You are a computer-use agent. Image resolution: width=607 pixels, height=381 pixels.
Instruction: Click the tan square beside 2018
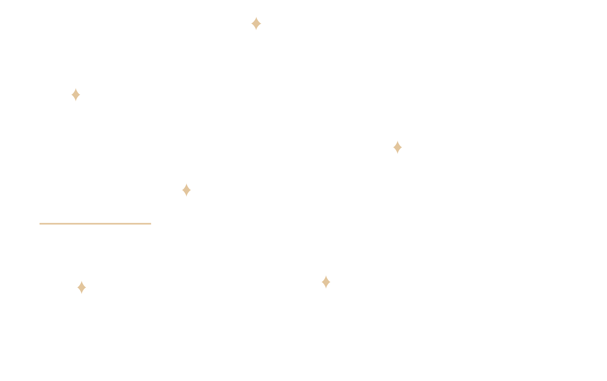tap(256, 23)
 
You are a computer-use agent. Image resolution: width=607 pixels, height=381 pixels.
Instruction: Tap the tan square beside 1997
tap(76, 95)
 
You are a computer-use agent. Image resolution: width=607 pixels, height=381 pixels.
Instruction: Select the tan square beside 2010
tap(187, 190)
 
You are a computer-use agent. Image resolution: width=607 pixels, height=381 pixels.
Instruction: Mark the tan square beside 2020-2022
tap(398, 147)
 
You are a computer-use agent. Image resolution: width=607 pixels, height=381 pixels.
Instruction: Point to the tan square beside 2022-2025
tap(326, 282)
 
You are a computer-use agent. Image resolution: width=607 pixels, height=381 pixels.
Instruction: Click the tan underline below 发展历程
tap(95, 224)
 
